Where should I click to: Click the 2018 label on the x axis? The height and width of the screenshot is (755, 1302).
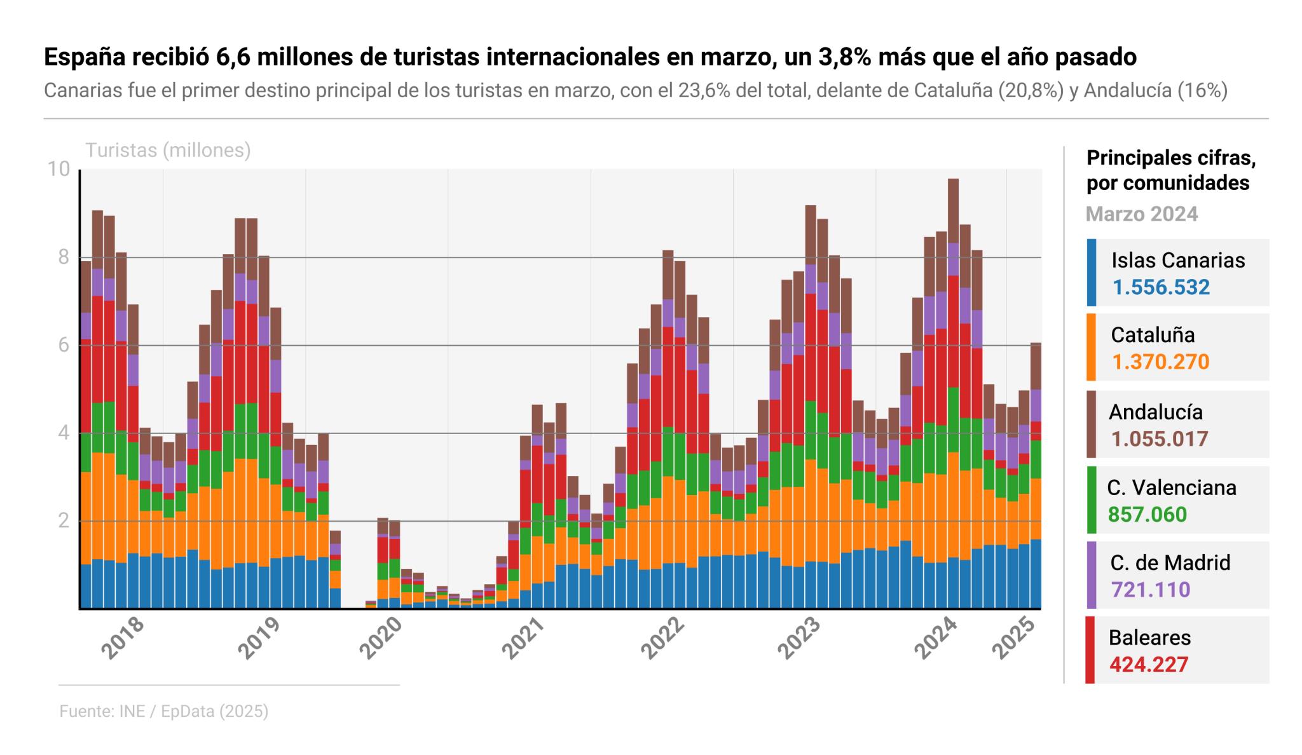click(123, 637)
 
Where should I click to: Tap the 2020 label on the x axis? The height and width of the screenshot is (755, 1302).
click(382, 637)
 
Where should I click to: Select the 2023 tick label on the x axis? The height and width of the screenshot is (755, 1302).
click(800, 637)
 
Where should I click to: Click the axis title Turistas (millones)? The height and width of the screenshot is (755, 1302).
click(168, 151)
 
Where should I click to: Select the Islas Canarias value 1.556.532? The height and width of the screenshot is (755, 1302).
click(1161, 287)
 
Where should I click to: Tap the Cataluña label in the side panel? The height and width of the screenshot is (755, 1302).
click(1153, 335)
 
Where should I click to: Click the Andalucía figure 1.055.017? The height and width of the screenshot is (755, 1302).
click(1160, 439)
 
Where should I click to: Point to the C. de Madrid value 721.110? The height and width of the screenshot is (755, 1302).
click(1150, 589)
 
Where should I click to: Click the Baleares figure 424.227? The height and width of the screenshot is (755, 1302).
click(1149, 664)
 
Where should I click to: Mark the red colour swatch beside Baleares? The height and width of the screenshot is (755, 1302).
click(1090, 650)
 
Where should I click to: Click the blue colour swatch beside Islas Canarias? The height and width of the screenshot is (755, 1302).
click(1091, 273)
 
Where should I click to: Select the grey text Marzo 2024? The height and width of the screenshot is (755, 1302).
click(1142, 214)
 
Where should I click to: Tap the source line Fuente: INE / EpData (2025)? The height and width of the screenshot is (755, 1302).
click(164, 711)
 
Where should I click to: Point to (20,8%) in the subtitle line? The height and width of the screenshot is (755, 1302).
click(1031, 91)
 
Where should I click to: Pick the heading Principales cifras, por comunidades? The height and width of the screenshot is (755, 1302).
click(1171, 170)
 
